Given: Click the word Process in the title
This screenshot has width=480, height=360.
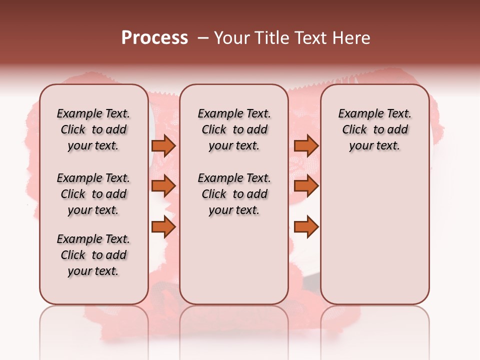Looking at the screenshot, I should click(154, 38).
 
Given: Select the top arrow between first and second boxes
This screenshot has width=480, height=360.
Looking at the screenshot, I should click(163, 145).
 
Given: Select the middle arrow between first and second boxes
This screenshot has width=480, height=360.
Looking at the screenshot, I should click(163, 186).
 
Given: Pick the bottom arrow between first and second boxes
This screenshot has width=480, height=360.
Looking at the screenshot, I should click(163, 227).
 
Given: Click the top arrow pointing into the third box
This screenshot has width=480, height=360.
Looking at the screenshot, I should click(306, 145).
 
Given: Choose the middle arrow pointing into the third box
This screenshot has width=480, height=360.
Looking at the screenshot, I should click(306, 186).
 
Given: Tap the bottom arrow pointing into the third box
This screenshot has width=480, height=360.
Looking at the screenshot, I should click(306, 227).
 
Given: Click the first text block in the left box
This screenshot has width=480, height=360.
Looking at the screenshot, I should click(93, 129).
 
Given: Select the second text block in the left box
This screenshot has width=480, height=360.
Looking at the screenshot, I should click(93, 194).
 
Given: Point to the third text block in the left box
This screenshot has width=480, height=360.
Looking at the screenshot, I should click(93, 255).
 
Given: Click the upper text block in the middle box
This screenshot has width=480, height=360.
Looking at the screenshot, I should click(234, 129).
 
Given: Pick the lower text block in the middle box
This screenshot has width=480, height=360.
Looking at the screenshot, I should click(234, 194).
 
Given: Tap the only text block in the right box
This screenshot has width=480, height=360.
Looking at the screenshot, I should click(374, 129).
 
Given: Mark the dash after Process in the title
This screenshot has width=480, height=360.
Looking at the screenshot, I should click(202, 38).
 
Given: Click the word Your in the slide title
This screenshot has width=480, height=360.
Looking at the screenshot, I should click(231, 38).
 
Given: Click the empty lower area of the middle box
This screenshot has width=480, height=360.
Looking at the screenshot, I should click(234, 260).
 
